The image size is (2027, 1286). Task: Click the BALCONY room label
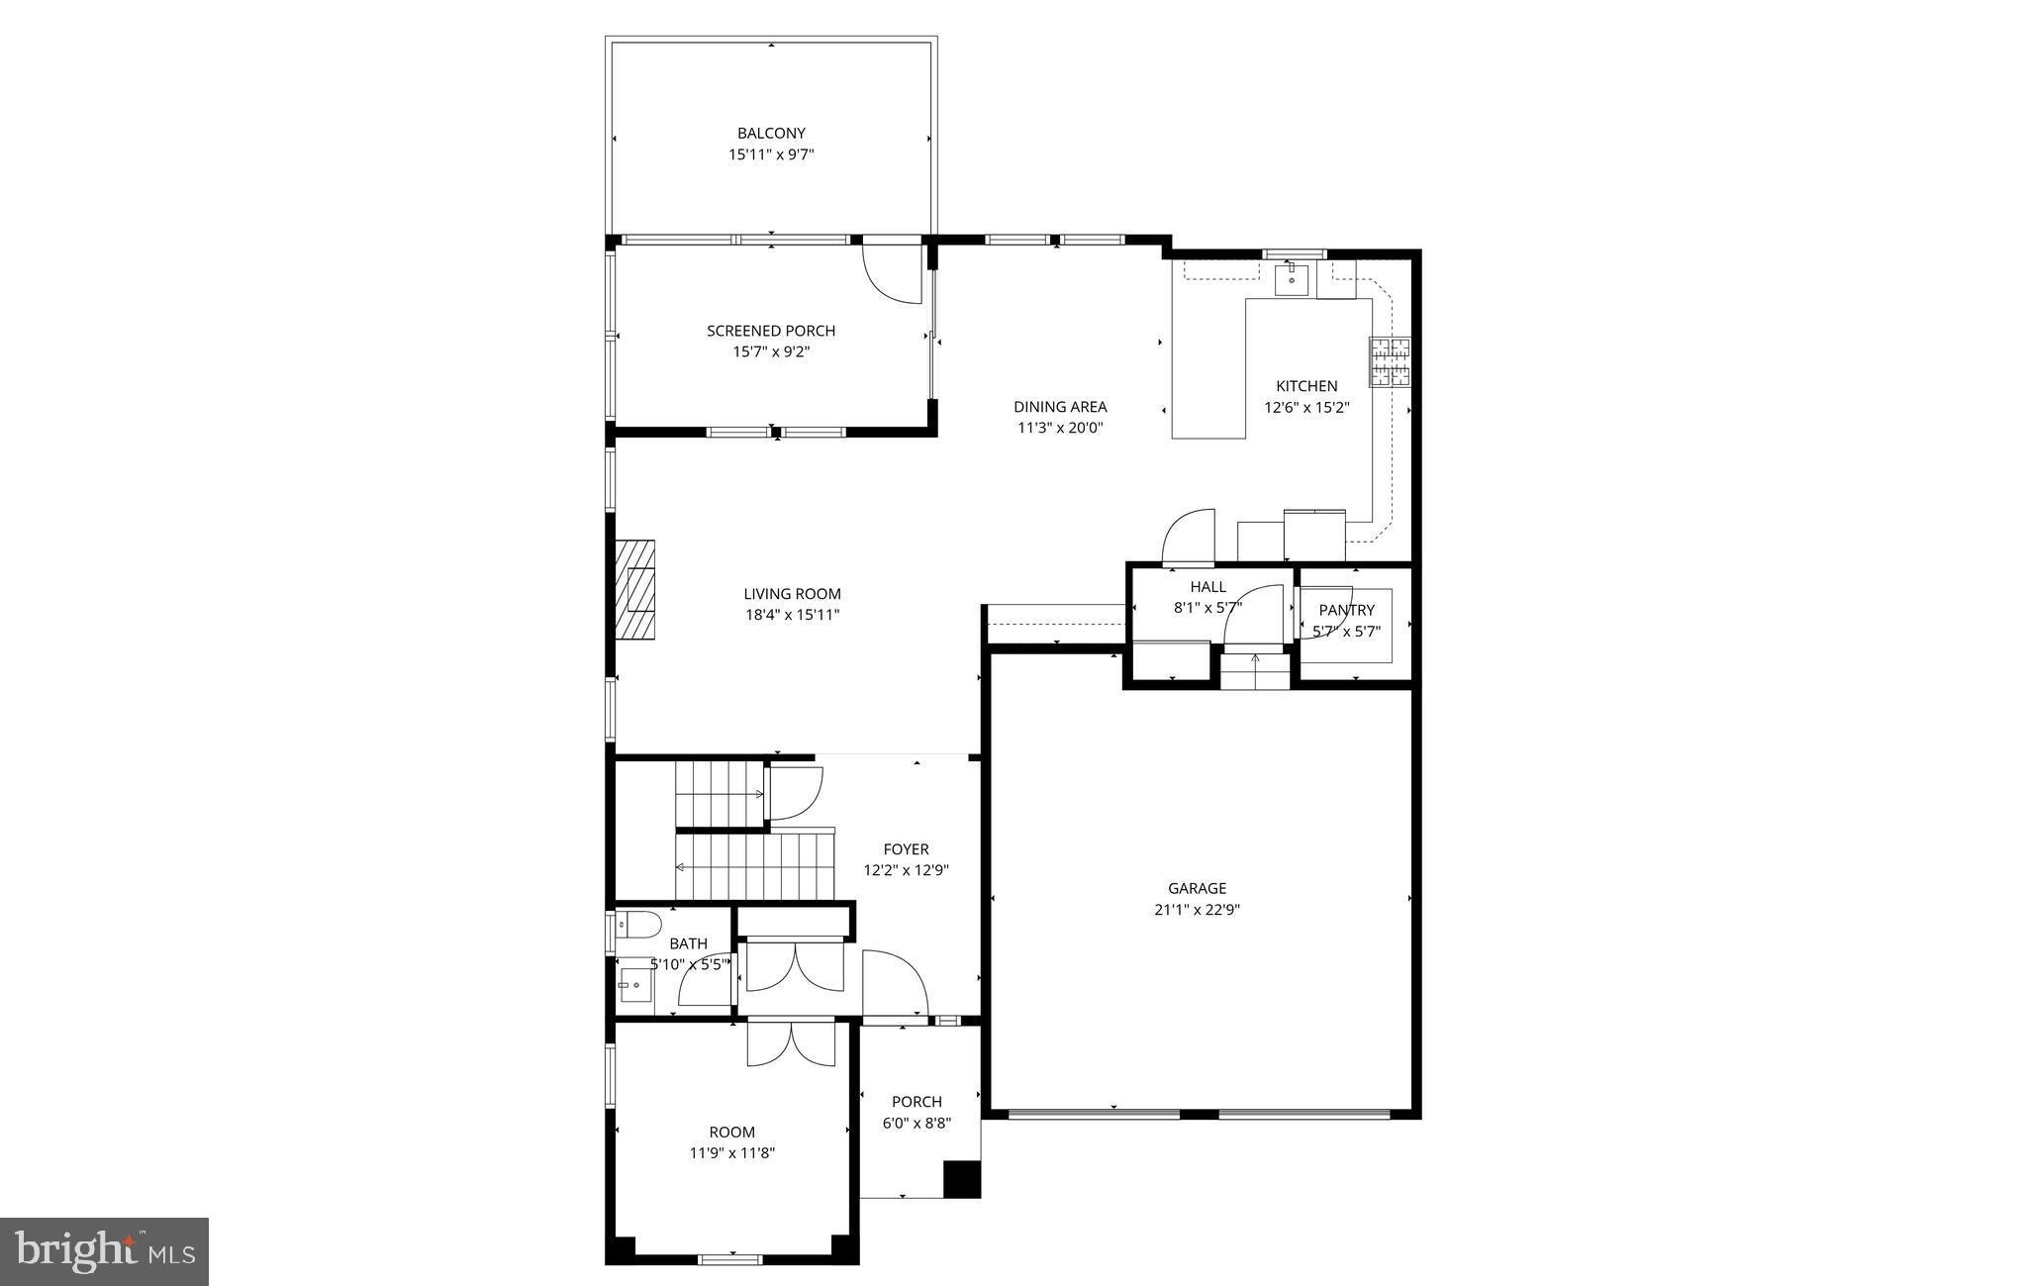pyautogui.click(x=771, y=133)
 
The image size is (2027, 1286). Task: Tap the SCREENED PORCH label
pyautogui.click(x=771, y=331)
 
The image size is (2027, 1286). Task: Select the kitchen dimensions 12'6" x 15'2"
pyautogui.click(x=1306, y=407)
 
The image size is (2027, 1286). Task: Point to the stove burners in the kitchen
pyautogui.click(x=1390, y=361)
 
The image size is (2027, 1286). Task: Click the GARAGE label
pyautogui.click(x=1197, y=888)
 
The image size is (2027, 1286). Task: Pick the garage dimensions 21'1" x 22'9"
pyautogui.click(x=1197, y=910)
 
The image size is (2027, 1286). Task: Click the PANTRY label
pyautogui.click(x=1346, y=610)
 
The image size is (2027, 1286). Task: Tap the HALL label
pyautogui.click(x=1207, y=587)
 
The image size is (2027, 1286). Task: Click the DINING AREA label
pyautogui.click(x=1060, y=406)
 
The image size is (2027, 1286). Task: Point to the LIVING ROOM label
pyautogui.click(x=792, y=594)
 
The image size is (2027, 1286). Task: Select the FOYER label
pyautogui.click(x=906, y=849)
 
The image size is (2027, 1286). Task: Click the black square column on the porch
pyautogui.click(x=961, y=1179)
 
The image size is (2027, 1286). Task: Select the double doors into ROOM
pyautogui.click(x=792, y=1044)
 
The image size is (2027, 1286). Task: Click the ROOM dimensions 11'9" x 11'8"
pyautogui.click(x=731, y=1153)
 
